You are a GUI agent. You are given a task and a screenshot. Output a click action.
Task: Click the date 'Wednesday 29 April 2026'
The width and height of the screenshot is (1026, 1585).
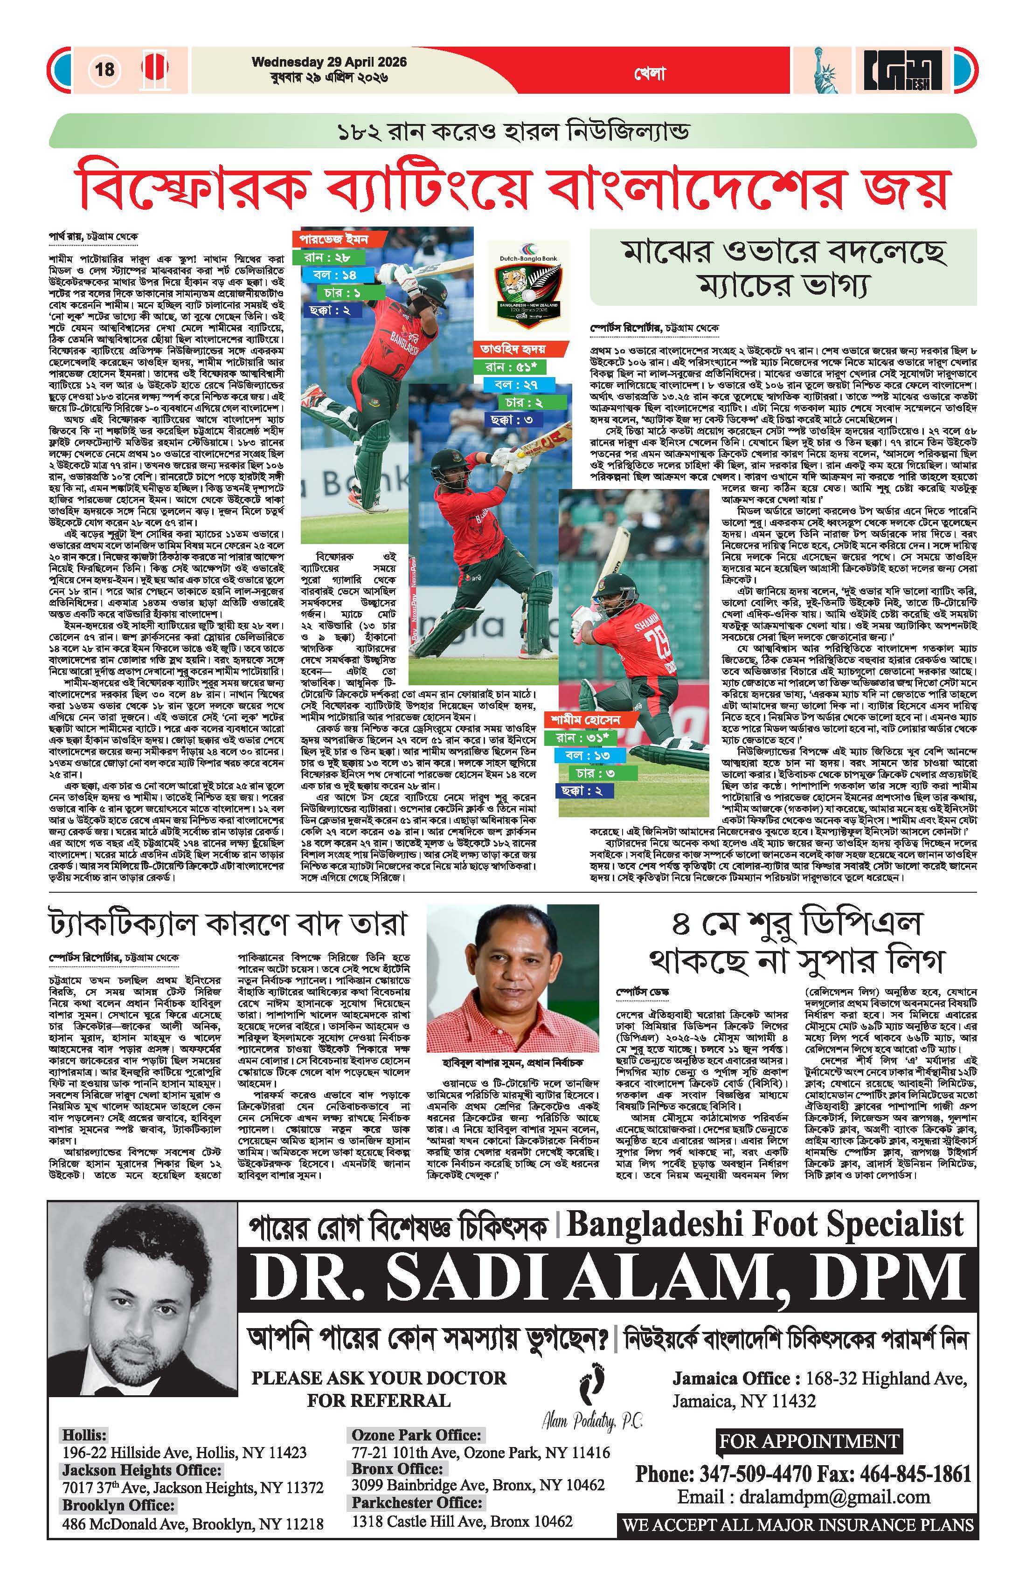point(329,62)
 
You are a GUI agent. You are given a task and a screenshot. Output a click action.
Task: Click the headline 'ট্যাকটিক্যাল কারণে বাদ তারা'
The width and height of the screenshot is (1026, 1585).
point(227,924)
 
